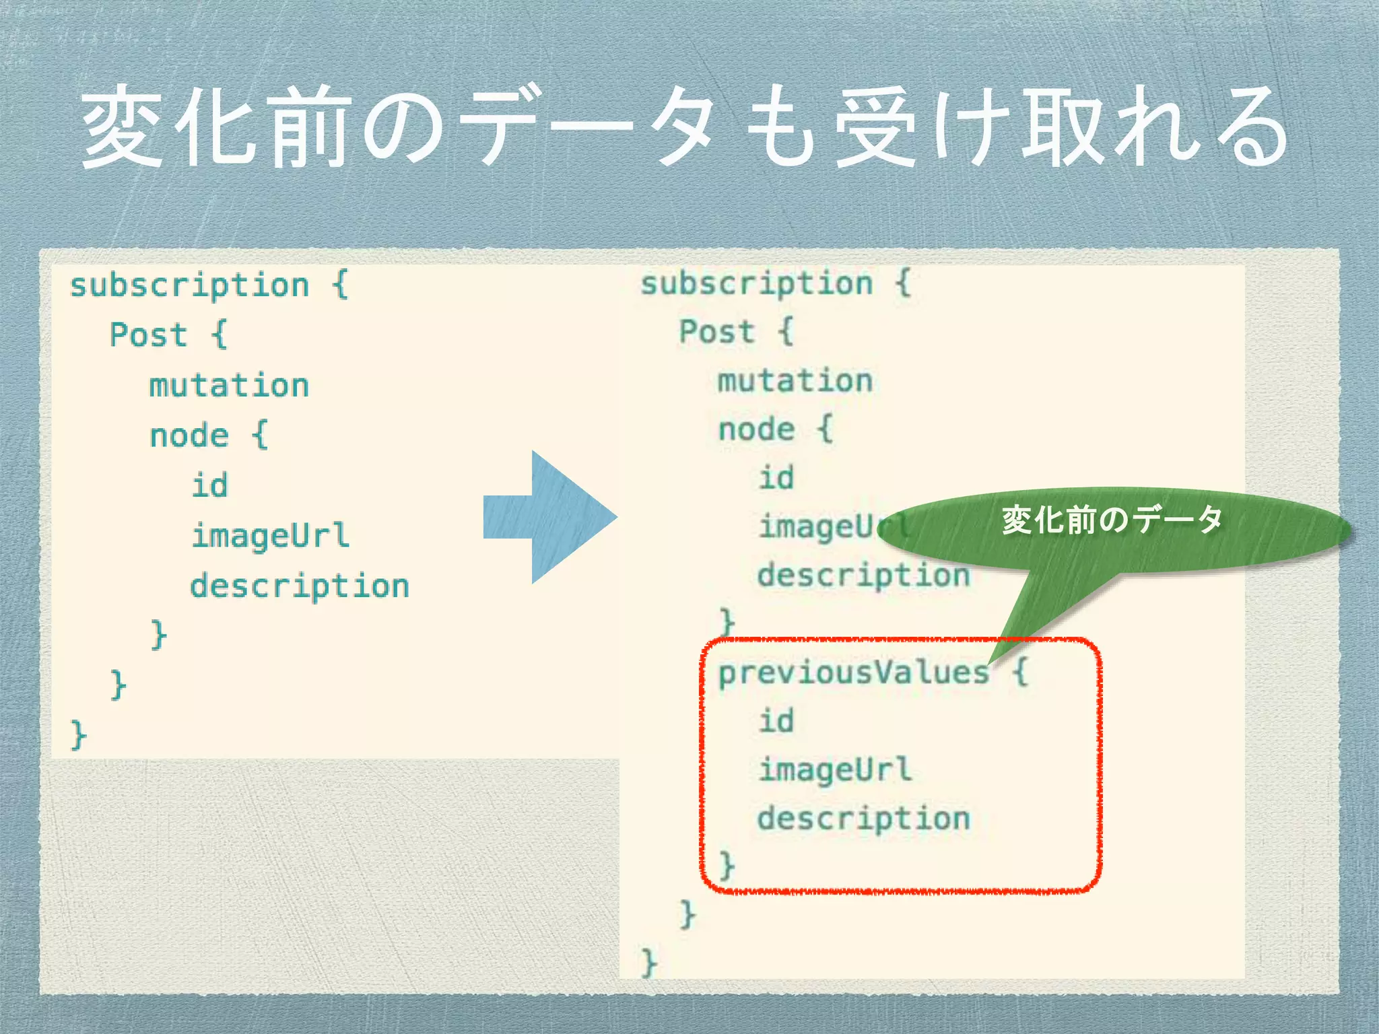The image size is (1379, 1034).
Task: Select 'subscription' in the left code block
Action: [189, 285]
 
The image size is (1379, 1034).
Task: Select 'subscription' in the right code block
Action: [756, 283]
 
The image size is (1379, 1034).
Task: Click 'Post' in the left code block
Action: [148, 335]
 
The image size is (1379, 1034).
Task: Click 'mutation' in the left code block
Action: [229, 386]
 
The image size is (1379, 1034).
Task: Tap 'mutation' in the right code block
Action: [795, 381]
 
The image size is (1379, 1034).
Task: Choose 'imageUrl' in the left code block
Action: [270, 536]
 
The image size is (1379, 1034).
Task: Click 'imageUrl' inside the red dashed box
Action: [835, 770]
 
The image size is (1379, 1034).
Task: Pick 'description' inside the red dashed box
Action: [863, 819]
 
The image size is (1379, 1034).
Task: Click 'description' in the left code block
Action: [299, 586]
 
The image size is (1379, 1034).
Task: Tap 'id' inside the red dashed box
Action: [776, 721]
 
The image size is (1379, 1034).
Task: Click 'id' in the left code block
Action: [209, 485]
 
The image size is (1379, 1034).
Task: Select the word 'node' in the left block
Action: [189, 436]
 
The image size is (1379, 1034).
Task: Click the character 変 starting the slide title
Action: [121, 128]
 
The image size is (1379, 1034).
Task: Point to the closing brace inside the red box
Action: [727, 864]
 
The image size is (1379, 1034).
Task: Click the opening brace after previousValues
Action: [1021, 671]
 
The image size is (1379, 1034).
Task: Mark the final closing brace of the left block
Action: [78, 734]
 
